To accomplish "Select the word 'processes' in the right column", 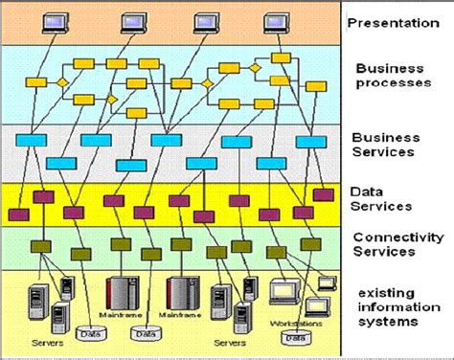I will pyautogui.click(x=392, y=83).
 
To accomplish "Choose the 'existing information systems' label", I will pyautogui.click(x=392, y=306).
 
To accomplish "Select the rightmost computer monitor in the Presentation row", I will pyautogui.click(x=277, y=21).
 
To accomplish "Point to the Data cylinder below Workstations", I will pyautogui.click(x=297, y=337).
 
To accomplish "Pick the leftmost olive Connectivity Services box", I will pyautogui.click(x=42, y=246).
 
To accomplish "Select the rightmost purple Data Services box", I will pyautogui.click(x=326, y=195).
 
